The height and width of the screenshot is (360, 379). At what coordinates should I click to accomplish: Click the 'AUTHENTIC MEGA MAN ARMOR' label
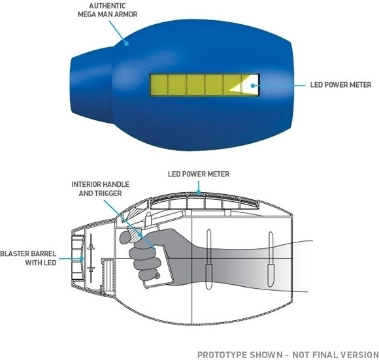108,10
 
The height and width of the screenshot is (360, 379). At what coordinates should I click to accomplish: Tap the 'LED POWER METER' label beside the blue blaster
341,85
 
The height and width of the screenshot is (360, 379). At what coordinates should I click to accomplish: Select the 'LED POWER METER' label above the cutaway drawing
199,174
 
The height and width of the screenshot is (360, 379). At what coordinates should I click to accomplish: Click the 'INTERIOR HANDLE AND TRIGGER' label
101,189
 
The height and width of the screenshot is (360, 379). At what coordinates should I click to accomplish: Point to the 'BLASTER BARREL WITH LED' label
28,258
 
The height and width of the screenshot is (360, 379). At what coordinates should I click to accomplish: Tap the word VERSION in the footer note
359,355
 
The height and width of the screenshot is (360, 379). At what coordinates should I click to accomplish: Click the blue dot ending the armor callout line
126,44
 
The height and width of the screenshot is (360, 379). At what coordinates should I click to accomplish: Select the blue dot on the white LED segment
253,86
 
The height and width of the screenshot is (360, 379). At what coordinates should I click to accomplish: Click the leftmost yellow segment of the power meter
159,85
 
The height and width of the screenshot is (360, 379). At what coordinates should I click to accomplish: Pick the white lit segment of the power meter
250,85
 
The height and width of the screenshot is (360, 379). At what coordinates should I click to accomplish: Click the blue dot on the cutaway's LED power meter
199,193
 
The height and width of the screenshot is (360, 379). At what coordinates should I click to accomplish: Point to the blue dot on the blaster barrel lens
82,259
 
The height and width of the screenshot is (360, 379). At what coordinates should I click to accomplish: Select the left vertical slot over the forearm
209,259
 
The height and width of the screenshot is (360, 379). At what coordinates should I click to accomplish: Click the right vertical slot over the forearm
271,259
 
